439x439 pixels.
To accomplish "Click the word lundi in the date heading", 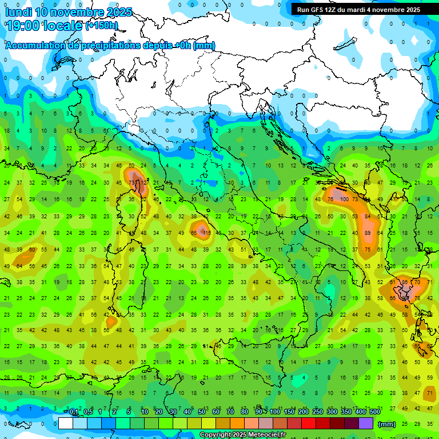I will point(19,12).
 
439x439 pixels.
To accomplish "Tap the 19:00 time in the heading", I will point(25,25).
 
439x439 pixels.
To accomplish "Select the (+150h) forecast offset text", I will point(102,26).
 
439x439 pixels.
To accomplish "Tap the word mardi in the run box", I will point(360,10).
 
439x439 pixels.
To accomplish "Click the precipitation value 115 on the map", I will point(206,233).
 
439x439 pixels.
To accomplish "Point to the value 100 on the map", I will point(344,199).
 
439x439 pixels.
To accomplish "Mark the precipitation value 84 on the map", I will point(368,216).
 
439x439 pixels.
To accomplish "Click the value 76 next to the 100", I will point(330,199).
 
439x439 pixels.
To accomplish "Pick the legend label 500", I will point(374,412).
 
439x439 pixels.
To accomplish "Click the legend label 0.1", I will point(74,412).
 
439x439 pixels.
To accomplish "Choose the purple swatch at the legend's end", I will point(366,424).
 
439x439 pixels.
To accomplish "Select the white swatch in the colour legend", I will point(66,424).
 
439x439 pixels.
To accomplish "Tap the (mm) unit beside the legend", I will point(387,424).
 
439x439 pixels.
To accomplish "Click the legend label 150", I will point(289,412).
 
